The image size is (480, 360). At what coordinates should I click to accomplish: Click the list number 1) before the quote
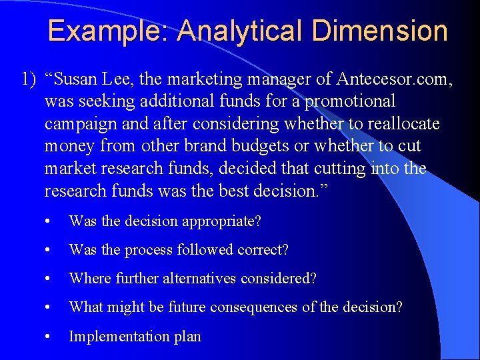pos(29,80)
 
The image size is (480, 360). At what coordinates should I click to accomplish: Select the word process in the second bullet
pos(145,250)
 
